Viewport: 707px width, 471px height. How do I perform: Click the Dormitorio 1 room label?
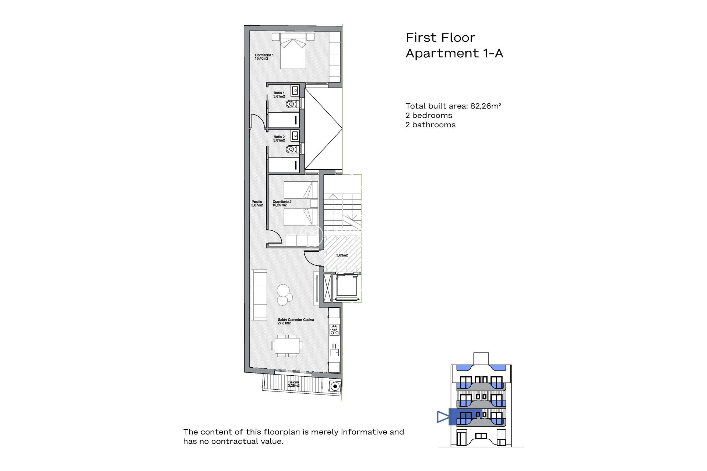click(264, 57)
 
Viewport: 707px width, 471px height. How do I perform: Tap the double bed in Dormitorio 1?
click(293, 52)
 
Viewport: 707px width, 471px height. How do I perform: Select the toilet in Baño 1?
click(292, 104)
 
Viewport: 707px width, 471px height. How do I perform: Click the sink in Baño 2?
click(295, 136)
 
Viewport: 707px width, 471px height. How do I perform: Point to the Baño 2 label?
click(279, 138)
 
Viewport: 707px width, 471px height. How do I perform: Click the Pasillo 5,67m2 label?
click(257, 203)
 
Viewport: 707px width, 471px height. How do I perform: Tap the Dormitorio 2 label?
click(282, 203)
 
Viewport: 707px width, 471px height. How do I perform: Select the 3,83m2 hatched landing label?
click(342, 255)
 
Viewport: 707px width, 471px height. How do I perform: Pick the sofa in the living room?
click(259, 295)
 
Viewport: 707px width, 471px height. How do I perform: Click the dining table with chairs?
click(287, 346)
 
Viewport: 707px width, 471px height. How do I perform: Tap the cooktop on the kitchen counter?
click(334, 329)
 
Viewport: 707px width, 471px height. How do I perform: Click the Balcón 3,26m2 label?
click(293, 384)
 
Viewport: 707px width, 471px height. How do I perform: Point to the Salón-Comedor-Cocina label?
click(295, 321)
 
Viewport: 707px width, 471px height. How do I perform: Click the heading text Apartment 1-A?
click(454, 54)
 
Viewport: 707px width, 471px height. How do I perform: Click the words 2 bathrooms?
click(430, 125)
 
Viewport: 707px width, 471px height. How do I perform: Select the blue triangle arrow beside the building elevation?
click(443, 417)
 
